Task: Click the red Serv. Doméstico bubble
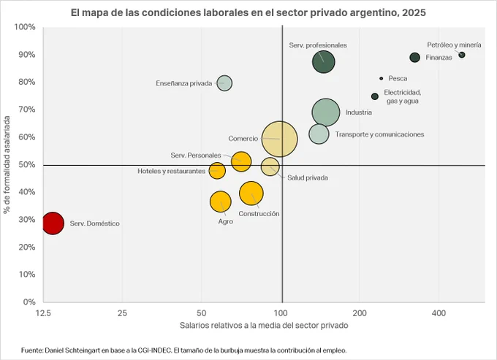point(53,223)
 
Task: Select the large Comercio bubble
point(279,139)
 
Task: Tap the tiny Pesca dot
point(382,78)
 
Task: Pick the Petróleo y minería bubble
point(462,55)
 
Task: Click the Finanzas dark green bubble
point(415,57)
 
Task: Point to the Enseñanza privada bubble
point(224,83)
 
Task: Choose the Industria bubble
point(326,112)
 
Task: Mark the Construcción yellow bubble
point(251,193)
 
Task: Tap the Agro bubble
point(220,202)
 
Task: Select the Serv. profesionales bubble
point(323,62)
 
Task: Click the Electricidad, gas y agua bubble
point(375,96)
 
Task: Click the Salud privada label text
point(308,177)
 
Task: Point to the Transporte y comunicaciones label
point(379,134)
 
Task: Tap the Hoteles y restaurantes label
point(171,171)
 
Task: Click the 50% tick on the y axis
point(27,164)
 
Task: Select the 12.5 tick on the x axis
point(43,313)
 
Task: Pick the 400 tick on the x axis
point(439,313)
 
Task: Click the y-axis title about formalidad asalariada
point(7,164)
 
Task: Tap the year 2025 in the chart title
point(414,12)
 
